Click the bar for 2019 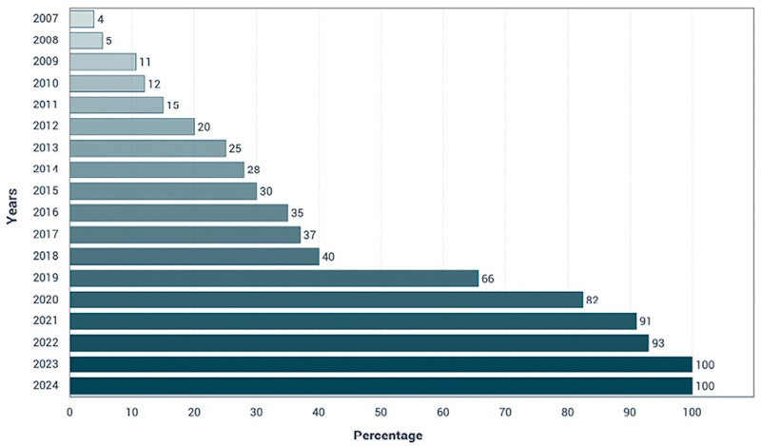(274, 278)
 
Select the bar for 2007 (82, 19)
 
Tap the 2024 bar (381, 386)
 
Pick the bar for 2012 (132, 126)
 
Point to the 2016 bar (179, 213)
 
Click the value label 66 (488, 279)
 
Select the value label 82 (592, 301)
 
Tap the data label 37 (310, 236)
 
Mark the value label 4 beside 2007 (101, 20)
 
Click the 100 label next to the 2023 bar (705, 364)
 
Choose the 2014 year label (46, 169)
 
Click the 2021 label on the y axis (46, 320)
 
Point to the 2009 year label (46, 61)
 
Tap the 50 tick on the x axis (381, 413)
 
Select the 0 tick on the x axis (69, 413)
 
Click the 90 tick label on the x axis (630, 413)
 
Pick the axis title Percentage (388, 436)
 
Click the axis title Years (11, 206)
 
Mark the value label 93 (658, 343)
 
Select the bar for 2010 (107, 84)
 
